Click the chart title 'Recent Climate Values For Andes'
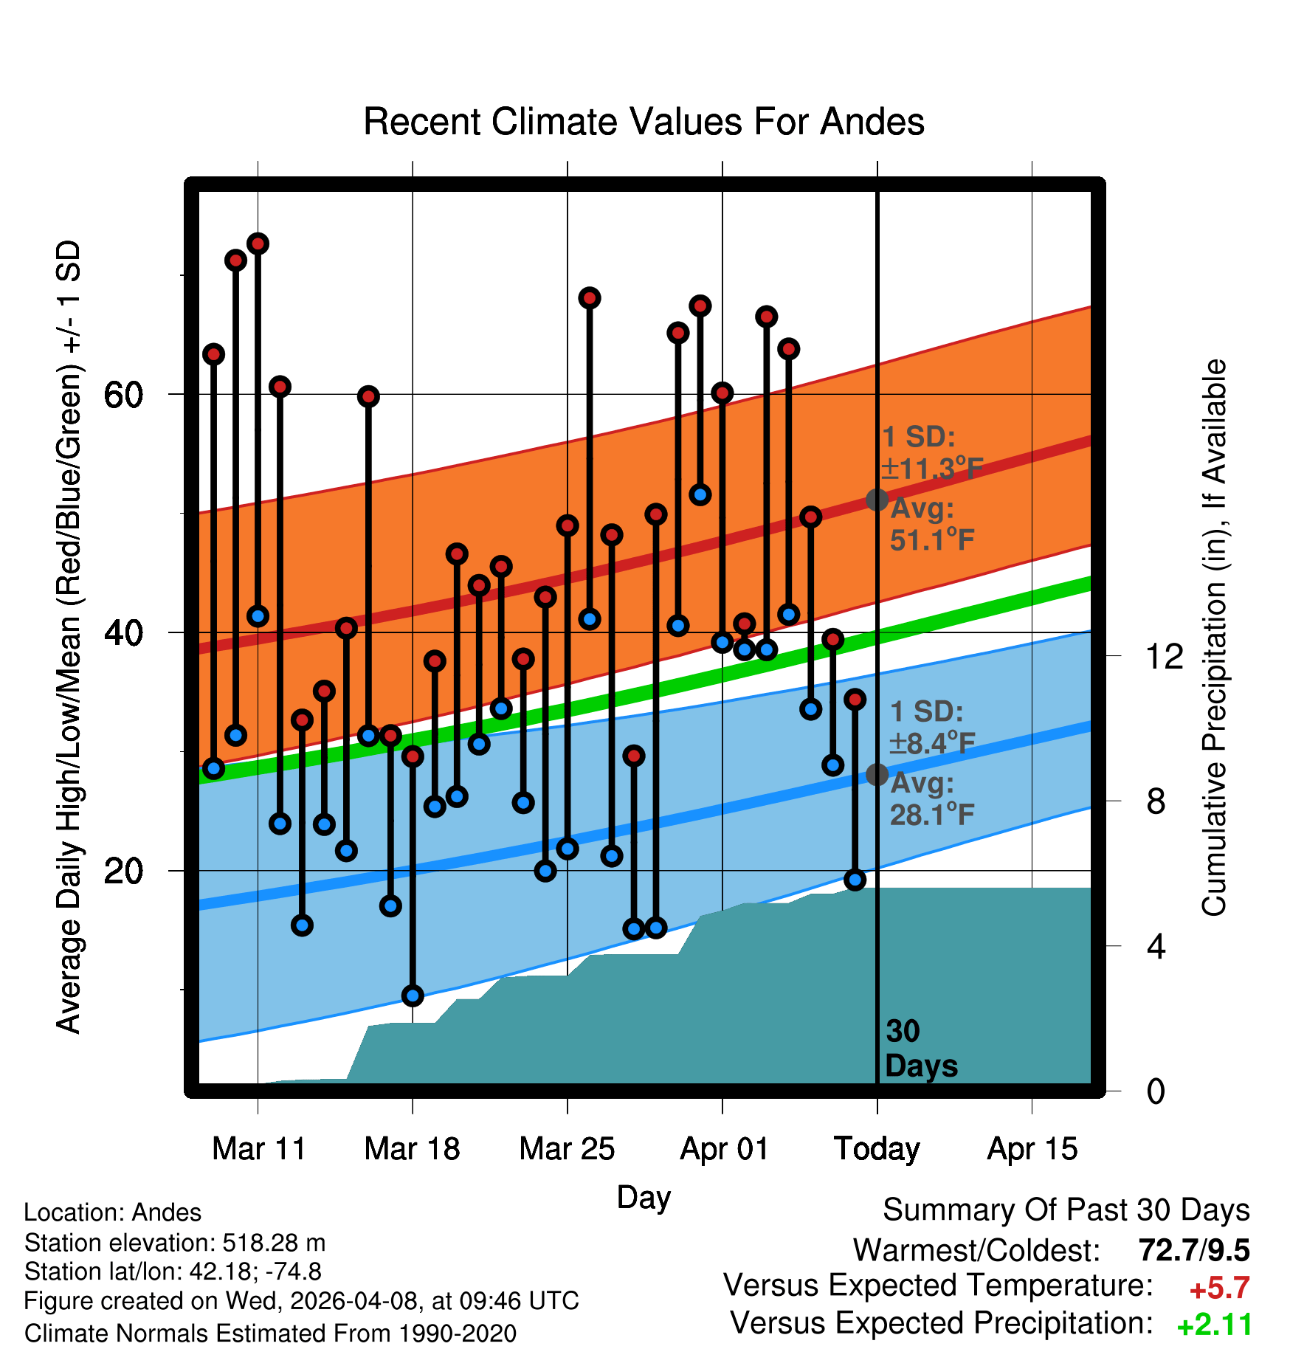point(644,122)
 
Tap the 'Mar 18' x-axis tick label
point(412,1149)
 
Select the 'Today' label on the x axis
point(877,1149)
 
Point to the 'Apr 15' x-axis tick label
point(1032,1149)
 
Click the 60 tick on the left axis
point(123,395)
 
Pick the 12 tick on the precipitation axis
point(1165,655)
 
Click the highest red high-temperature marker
point(258,244)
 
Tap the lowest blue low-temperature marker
point(413,996)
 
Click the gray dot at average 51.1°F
point(877,500)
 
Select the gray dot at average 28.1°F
point(877,775)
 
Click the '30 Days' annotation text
point(920,1049)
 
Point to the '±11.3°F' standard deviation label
point(932,469)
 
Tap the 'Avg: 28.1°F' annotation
point(932,798)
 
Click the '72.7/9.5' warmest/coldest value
point(1194,1250)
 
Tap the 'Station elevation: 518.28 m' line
point(175,1243)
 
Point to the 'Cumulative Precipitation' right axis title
point(1213,638)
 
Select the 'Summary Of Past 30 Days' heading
point(1066,1210)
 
